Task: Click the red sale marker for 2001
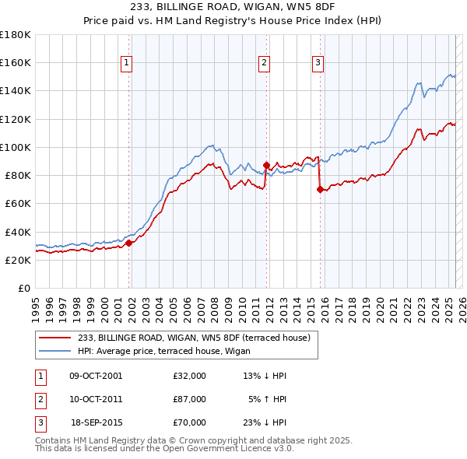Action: point(129,243)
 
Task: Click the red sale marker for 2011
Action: point(266,165)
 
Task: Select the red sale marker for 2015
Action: point(320,189)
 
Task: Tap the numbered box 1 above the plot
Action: point(126,64)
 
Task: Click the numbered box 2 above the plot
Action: point(264,64)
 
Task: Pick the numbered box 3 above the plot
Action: point(318,64)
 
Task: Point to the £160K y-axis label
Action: point(15,62)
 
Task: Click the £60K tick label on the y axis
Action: point(17,203)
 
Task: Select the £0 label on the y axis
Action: point(23,288)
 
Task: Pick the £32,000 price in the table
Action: point(190,376)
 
